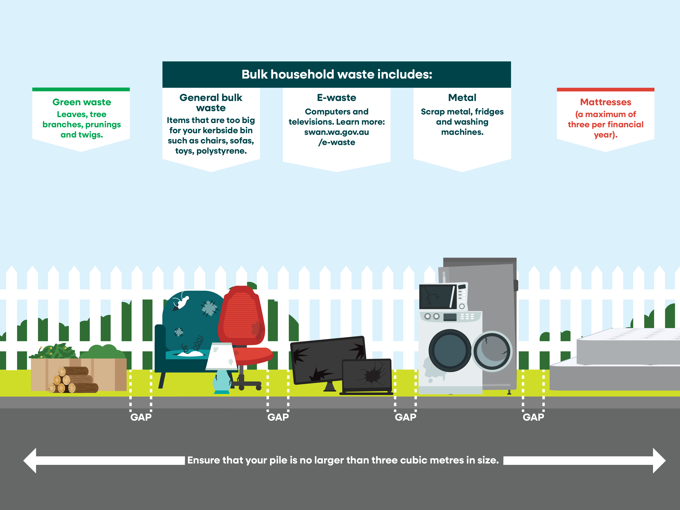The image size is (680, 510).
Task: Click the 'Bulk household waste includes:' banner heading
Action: coord(337,74)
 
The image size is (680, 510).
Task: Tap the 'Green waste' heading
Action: coord(81,102)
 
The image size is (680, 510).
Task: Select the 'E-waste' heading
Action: coord(337,98)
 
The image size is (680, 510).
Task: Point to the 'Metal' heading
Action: coord(462,98)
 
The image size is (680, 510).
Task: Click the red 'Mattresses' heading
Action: coord(605,102)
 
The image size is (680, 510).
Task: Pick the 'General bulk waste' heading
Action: coord(211,103)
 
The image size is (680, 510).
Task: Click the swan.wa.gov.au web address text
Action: coord(337,132)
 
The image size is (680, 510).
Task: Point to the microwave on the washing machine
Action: coord(443,297)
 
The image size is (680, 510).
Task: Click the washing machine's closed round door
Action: coord(450,350)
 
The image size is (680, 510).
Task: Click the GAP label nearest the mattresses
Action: coord(533,417)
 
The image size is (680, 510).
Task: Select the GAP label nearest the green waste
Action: coord(141,417)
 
